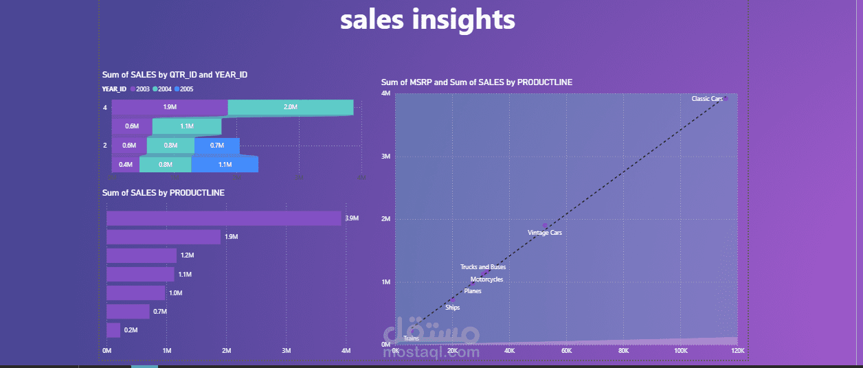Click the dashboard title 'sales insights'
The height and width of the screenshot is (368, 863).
pos(427,20)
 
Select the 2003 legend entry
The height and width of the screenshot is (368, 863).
pos(139,89)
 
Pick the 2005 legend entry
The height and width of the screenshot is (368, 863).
pos(186,89)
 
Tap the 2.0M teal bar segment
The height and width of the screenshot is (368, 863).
pos(290,108)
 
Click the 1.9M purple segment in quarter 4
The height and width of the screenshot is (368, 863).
pos(170,108)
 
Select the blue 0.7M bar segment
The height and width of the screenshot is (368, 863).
pos(217,146)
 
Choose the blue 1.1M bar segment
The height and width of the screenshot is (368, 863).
pos(225,165)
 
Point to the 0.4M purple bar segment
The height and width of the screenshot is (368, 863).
pos(125,165)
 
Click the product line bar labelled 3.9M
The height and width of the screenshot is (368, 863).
pos(224,218)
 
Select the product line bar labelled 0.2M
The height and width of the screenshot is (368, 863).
pos(113,330)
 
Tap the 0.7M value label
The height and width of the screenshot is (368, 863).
pos(159,312)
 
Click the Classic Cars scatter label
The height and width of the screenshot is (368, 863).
pos(707,99)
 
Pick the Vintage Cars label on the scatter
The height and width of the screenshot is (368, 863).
pos(545,233)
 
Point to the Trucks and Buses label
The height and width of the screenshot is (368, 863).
pos(483,267)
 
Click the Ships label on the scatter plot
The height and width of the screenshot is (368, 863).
pos(453,308)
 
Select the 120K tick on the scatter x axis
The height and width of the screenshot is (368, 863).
pos(737,351)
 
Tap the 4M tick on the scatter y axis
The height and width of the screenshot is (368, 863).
pos(386,94)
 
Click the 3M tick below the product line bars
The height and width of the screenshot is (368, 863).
pos(287,351)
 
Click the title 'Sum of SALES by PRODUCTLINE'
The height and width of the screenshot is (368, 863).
pos(164,193)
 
